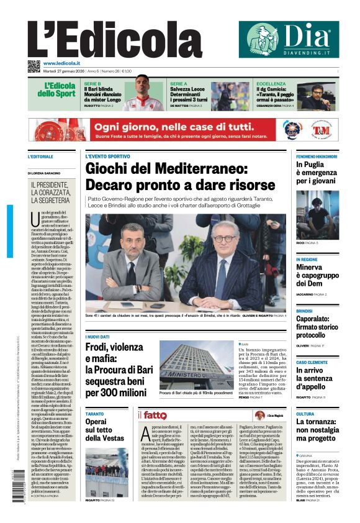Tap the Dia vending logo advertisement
285,39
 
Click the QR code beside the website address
34,66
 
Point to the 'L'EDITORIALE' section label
41,157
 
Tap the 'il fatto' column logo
152,415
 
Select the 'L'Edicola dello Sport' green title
60,89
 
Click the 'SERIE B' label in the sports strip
92,83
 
